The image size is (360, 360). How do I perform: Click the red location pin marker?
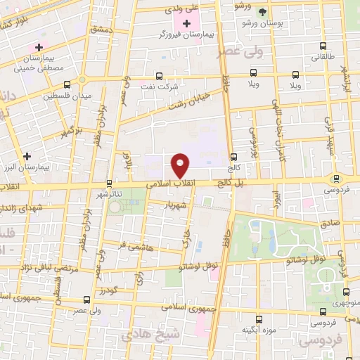point(181,165)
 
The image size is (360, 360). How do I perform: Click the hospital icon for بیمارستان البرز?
point(27,156)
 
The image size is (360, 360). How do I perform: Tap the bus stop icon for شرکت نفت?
point(158,75)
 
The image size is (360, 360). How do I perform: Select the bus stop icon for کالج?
point(233,157)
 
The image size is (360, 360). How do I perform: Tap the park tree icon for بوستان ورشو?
point(262,12)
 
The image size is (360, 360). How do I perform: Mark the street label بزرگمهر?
point(72,131)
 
